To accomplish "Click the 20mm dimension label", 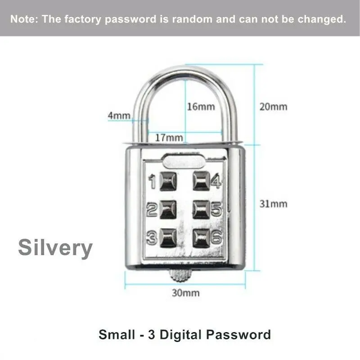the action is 273,107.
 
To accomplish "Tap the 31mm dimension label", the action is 273,204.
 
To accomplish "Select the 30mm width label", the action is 185,293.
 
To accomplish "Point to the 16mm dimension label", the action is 201,107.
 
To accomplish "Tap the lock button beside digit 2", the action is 166,209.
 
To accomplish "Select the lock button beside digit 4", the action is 201,182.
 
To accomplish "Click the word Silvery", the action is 55,248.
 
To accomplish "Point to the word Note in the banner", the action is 23,19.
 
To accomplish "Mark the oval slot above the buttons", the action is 184,161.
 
